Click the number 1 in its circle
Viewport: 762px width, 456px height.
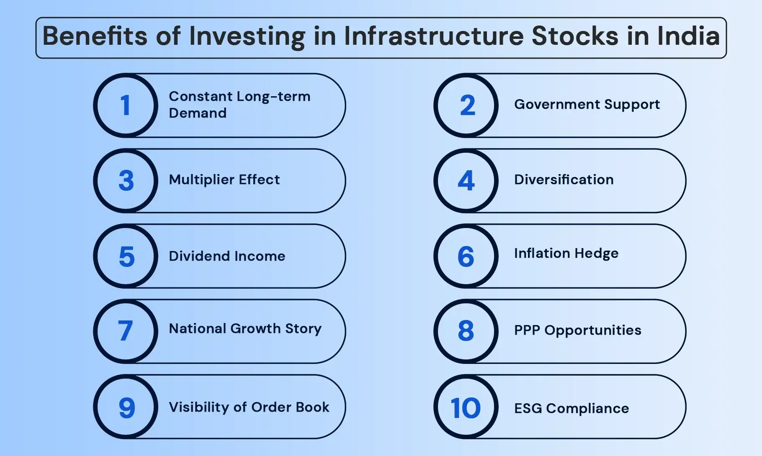(126, 105)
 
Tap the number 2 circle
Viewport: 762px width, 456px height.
(466, 105)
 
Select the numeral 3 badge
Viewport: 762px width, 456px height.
(126, 181)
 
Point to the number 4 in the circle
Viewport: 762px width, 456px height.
(466, 181)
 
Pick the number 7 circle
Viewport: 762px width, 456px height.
(126, 331)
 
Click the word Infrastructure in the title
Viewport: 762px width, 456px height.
(433, 36)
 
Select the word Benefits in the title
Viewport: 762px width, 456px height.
(95, 36)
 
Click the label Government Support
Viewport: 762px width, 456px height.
(587, 105)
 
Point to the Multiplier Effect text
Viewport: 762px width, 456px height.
(224, 180)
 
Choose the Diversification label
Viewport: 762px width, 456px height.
(564, 180)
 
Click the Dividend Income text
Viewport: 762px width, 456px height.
(227, 256)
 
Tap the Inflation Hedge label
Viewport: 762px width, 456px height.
(566, 254)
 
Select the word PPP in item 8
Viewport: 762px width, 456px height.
(527, 330)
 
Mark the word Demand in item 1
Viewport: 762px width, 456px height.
(197, 113)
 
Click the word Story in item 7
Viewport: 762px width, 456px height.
(303, 329)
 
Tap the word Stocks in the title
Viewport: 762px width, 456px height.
(574, 36)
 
